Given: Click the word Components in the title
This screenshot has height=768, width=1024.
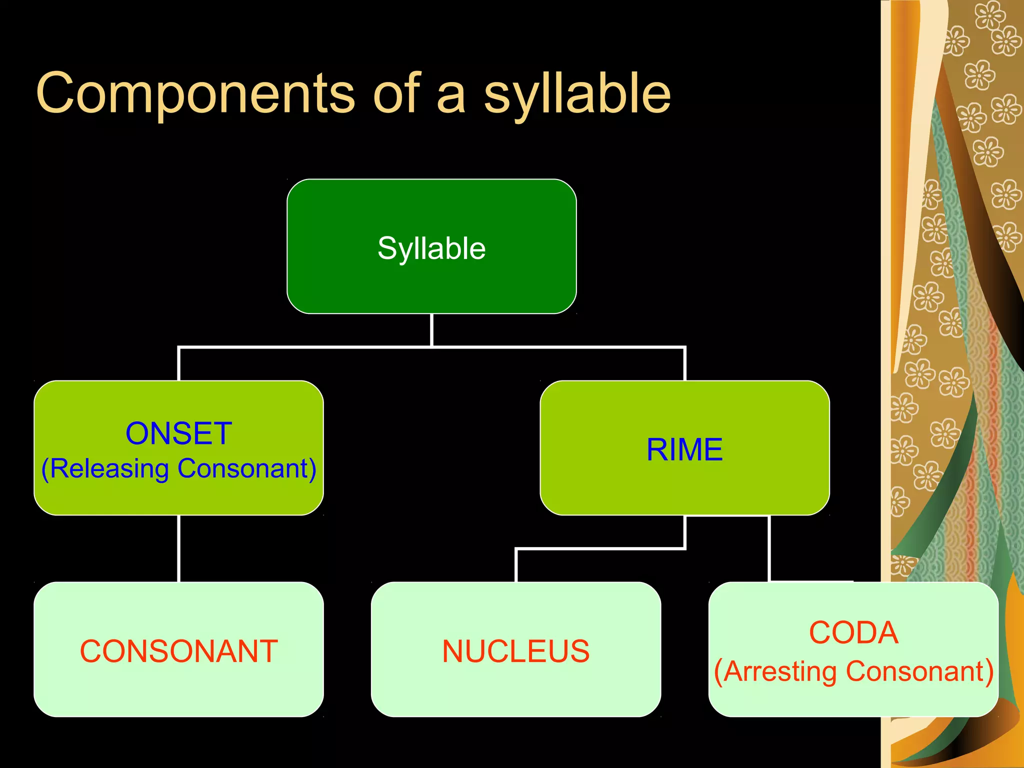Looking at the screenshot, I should tap(195, 93).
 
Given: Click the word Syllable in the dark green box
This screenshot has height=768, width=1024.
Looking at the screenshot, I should tap(431, 248).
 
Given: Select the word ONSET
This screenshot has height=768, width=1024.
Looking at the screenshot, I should tap(178, 433).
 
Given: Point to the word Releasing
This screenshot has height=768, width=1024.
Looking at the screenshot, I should tap(109, 469).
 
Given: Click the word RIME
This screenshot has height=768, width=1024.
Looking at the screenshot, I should tap(684, 449).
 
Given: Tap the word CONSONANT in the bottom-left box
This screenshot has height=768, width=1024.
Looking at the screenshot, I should tap(178, 651).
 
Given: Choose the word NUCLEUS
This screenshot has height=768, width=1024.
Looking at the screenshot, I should tap(515, 651).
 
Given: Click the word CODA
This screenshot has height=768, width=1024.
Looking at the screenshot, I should tap(853, 632).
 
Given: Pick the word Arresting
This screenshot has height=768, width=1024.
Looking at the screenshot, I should tap(780, 671).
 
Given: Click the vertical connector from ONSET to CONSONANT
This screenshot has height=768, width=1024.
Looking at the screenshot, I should tap(179, 548).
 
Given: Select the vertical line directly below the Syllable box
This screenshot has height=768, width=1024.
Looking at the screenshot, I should tap(431, 330).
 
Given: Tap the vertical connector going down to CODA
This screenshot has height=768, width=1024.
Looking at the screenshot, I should tap(769, 548).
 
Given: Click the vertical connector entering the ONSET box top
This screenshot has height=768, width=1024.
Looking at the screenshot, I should tap(179, 364).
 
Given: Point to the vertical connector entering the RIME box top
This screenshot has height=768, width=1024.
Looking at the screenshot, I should tap(684, 364).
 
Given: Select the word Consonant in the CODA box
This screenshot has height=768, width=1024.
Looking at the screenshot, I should tap(915, 671).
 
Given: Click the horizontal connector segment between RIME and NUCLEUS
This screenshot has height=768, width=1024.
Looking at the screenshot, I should tap(600, 549).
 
